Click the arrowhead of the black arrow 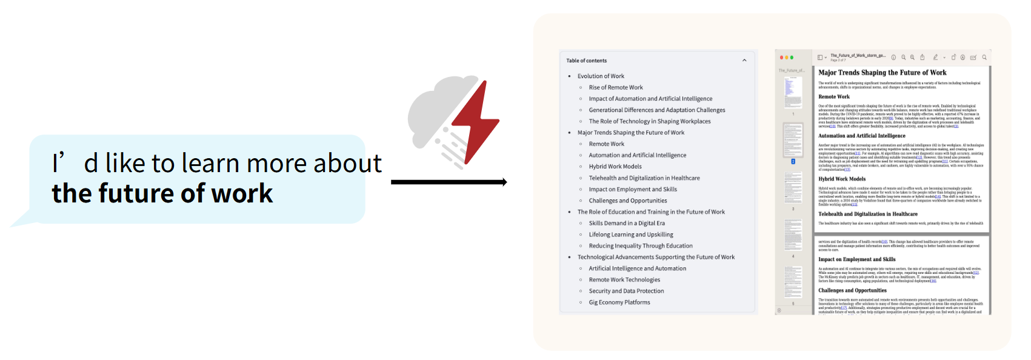pyautogui.click(x=503, y=182)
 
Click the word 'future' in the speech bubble pyautogui.click(x=137, y=193)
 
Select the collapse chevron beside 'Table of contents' pyautogui.click(x=744, y=61)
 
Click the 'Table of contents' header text pyautogui.click(x=586, y=61)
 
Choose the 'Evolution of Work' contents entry pyautogui.click(x=601, y=76)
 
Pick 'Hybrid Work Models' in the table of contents pyautogui.click(x=615, y=167)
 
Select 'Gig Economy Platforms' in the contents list pyautogui.click(x=619, y=302)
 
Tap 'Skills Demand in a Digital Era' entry pyautogui.click(x=627, y=223)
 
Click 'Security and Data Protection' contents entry pyautogui.click(x=626, y=291)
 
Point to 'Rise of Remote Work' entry pyautogui.click(x=616, y=87)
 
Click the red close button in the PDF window pyautogui.click(x=781, y=58)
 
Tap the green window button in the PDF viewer pyautogui.click(x=792, y=58)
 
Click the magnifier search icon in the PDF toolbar pyautogui.click(x=984, y=58)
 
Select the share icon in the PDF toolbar pyautogui.click(x=922, y=58)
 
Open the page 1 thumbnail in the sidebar pyautogui.click(x=793, y=93)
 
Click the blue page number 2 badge pyautogui.click(x=793, y=162)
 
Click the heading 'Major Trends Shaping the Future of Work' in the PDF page pyautogui.click(x=882, y=73)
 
